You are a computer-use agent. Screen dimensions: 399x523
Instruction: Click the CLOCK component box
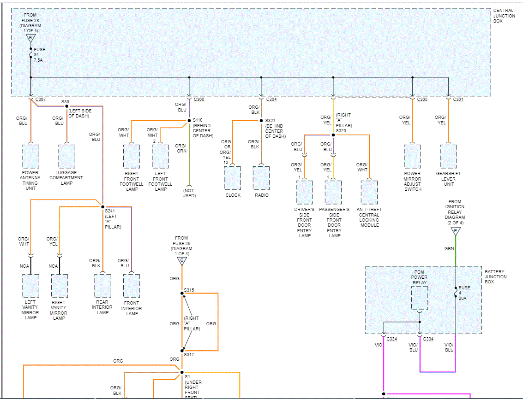pyautogui.click(x=232, y=177)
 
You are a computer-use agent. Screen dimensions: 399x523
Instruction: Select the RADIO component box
pyautogui.click(x=261, y=177)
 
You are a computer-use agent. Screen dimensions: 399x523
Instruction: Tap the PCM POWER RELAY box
pyautogui.click(x=419, y=298)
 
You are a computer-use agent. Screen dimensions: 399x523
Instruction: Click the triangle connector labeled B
pyautogui.click(x=30, y=38)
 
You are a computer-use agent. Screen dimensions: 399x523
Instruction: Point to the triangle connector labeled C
pyautogui.click(x=182, y=261)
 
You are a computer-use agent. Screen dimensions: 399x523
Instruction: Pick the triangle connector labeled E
pyautogui.click(x=456, y=231)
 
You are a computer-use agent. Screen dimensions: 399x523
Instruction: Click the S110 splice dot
pyautogui.click(x=189, y=121)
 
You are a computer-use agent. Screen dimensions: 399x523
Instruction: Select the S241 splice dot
pyautogui.click(x=102, y=207)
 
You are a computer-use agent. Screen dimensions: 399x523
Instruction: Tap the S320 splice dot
pyautogui.click(x=333, y=135)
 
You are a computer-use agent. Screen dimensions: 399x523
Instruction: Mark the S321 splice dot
pyautogui.click(x=261, y=121)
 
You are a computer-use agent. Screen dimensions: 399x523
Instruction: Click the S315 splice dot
pyautogui.click(x=182, y=293)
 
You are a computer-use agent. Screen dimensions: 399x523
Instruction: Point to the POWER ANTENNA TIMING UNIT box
pyautogui.click(x=30, y=157)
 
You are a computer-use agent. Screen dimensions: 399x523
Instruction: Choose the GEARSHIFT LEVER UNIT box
pyautogui.click(x=448, y=157)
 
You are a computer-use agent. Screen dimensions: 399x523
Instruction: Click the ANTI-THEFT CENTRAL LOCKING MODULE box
pyautogui.click(x=369, y=193)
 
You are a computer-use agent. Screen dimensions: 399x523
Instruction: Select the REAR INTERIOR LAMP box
pyautogui.click(x=102, y=286)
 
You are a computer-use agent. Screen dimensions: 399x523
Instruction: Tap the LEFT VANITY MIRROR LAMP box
pyautogui.click(x=30, y=286)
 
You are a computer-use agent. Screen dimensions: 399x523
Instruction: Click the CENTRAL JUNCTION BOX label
pyautogui.click(x=504, y=16)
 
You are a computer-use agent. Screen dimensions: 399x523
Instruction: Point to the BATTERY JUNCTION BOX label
pyautogui.click(x=495, y=276)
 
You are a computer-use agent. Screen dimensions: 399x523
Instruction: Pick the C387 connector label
pyautogui.click(x=41, y=100)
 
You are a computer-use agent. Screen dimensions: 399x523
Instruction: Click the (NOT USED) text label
pyautogui.click(x=189, y=193)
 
